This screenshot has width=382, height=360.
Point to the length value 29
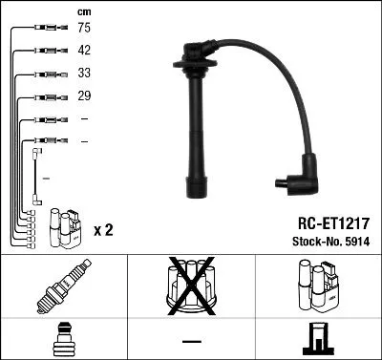(x=84, y=96)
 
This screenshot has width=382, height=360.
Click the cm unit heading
(x=83, y=11)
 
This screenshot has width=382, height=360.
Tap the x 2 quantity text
(x=104, y=231)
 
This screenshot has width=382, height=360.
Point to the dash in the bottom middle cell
(x=191, y=340)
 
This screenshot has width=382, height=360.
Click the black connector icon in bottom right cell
(x=317, y=340)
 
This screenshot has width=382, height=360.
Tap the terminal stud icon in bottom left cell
(x=63, y=340)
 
